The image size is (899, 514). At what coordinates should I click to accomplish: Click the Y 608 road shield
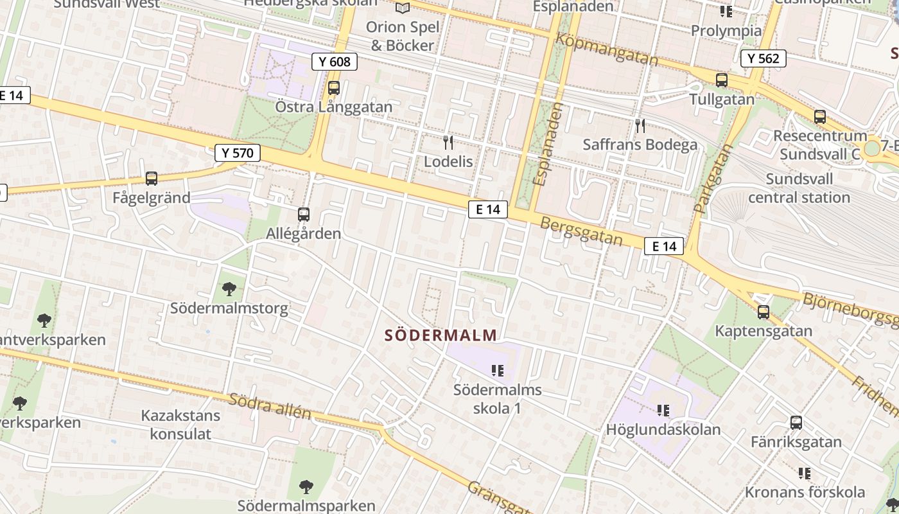(334, 62)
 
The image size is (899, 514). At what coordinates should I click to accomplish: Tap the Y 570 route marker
(238, 153)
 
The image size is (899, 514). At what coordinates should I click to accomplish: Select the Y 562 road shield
(764, 58)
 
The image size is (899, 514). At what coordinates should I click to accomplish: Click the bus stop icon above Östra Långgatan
(334, 88)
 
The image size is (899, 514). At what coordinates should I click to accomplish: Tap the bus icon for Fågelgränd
(152, 179)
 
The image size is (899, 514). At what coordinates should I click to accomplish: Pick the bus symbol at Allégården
(304, 215)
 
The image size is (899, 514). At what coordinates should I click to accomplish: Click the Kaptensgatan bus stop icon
(764, 312)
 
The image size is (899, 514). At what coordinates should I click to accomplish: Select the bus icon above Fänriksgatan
(796, 423)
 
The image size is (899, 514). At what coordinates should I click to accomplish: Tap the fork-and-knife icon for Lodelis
(448, 143)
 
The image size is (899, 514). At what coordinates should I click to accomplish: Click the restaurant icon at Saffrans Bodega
(640, 126)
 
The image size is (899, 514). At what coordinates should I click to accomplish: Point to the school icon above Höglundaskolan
(663, 410)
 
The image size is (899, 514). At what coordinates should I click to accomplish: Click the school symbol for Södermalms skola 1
(498, 371)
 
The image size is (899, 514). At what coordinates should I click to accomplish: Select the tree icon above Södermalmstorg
(229, 290)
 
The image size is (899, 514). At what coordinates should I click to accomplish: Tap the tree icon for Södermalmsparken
(306, 487)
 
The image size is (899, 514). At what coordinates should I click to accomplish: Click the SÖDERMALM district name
(441, 335)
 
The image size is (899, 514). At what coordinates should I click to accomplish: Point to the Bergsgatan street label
(582, 231)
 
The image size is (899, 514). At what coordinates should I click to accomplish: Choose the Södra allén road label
(270, 406)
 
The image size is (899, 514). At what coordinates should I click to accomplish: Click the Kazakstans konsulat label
(180, 425)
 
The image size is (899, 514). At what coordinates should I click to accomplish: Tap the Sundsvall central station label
(799, 188)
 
